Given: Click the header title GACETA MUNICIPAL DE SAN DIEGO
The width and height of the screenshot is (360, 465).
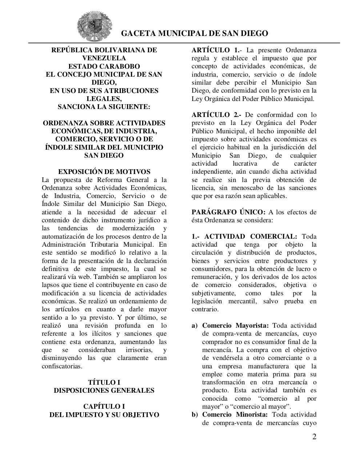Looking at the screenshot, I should [194, 33].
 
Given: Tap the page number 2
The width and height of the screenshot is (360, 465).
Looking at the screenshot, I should [314, 437].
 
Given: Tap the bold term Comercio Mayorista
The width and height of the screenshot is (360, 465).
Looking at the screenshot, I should [235, 325].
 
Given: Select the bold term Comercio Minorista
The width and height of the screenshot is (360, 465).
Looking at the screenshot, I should [235, 415].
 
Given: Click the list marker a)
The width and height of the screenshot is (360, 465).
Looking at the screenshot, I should [195, 325].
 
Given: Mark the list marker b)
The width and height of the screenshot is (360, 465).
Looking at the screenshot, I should [195, 415].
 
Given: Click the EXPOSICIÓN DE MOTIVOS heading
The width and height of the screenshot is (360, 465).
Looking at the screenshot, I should [104, 172].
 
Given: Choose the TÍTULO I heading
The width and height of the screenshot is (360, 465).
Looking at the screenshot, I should [104, 382].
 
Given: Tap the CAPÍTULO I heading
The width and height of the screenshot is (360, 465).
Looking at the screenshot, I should [104, 407].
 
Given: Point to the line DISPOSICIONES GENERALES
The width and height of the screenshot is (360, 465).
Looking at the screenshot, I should [104, 391].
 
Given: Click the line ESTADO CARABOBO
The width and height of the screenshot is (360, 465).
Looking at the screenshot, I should [104, 66].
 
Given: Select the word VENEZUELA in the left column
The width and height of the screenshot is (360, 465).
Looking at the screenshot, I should [104, 58].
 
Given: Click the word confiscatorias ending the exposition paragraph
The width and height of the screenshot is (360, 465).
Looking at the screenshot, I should [62, 366].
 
